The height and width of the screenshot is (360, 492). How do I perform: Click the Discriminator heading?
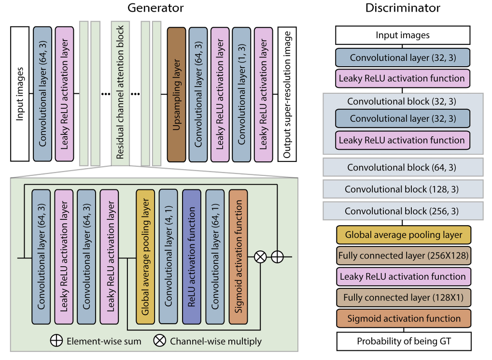[x=403, y=8]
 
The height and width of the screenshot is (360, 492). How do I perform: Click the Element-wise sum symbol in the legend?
[x=56, y=341]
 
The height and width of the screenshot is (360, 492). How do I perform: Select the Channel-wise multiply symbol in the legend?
[x=159, y=341]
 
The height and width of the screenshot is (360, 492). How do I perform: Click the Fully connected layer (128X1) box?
[x=403, y=298]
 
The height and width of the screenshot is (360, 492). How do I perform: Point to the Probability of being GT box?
[x=403, y=341]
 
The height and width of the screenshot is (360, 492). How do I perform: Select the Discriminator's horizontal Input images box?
[x=403, y=35]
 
